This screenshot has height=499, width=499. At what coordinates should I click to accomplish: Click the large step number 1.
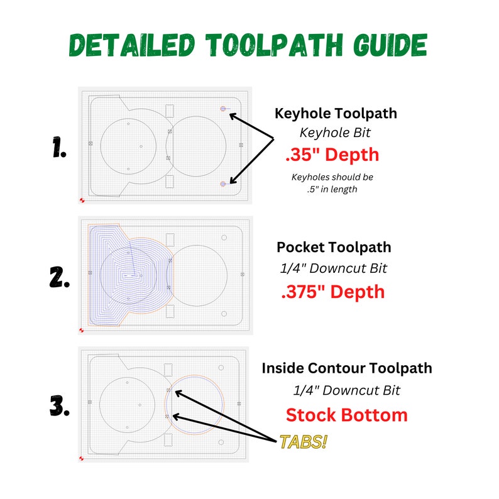[60, 149]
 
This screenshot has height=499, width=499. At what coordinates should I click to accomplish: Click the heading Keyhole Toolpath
[336, 114]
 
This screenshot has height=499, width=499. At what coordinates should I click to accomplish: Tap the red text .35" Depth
[332, 154]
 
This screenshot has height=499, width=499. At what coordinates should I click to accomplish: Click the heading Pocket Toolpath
[334, 247]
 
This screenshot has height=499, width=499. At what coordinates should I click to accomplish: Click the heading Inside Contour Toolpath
[347, 368]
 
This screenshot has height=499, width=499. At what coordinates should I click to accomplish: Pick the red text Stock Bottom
[346, 415]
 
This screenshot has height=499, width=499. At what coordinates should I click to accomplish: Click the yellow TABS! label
[304, 442]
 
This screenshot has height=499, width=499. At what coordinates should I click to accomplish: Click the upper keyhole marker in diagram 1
[223, 109]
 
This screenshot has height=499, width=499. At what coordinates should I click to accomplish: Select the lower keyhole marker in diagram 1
[223, 184]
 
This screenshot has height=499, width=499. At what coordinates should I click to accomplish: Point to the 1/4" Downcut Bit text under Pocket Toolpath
[334, 268]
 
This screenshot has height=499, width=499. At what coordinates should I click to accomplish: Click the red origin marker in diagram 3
[82, 458]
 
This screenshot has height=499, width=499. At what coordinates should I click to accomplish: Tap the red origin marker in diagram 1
[82, 200]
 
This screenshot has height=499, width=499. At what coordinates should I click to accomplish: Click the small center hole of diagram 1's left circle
[141, 147]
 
